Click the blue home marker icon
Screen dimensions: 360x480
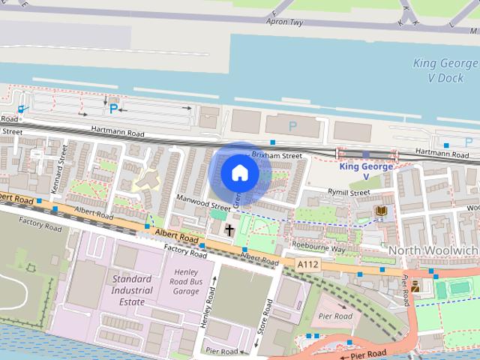tap(239, 172)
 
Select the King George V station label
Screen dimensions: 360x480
tap(366, 171)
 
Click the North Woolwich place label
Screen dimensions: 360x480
tap(433, 249)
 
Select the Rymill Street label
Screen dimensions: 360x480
tap(349, 193)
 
